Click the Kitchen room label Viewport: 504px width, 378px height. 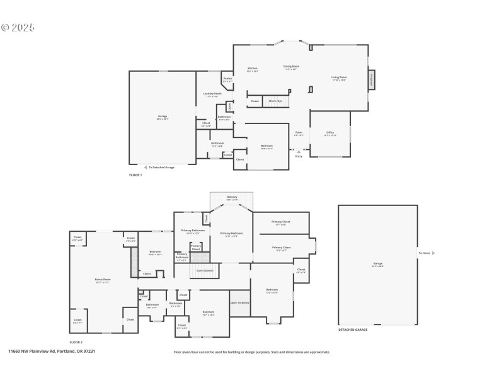pos(252,69)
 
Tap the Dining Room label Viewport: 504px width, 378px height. pos(291,67)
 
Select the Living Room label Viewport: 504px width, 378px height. pos(339,78)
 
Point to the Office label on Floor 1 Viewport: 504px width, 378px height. pos(330,133)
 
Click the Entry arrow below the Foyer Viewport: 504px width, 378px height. pos(299,151)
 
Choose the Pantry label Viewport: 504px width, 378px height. pos(227,79)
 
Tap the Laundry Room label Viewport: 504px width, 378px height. pos(213,94)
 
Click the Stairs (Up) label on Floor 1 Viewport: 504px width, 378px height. pos(275,101)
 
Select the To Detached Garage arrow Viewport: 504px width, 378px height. pos(146,167)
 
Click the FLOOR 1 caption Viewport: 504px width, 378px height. pos(135,175)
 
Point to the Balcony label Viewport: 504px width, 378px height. pos(232,198)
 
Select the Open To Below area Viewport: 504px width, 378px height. pos(240,303)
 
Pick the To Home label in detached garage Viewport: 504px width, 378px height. pos(425,253)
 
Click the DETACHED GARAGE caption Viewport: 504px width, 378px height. pos(353,329)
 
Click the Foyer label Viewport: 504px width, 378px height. pos(299,133)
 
